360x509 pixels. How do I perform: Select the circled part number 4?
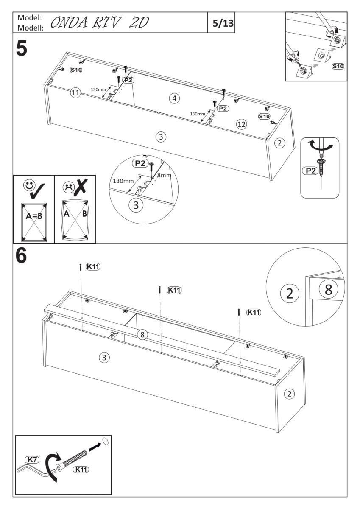tap(173, 98)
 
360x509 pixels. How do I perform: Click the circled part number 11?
tap(75, 94)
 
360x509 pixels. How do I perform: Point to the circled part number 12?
tap(241, 124)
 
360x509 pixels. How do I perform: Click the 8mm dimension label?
tap(164, 175)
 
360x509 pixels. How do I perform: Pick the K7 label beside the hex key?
tap(32, 459)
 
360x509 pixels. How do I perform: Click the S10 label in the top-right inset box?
tap(338, 66)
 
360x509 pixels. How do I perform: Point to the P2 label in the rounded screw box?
tap(310, 171)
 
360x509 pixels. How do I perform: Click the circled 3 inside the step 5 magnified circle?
tap(136, 205)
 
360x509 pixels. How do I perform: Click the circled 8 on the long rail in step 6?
tap(143, 335)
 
